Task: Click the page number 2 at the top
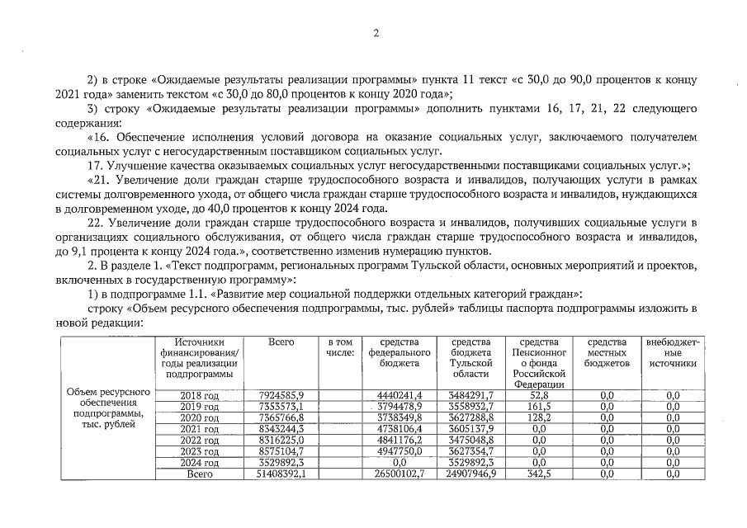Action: tap(375, 33)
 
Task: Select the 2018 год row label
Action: tap(199, 395)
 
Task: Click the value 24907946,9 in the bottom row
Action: tap(469, 475)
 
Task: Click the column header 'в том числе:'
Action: tap(340, 347)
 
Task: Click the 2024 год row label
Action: tap(199, 464)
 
